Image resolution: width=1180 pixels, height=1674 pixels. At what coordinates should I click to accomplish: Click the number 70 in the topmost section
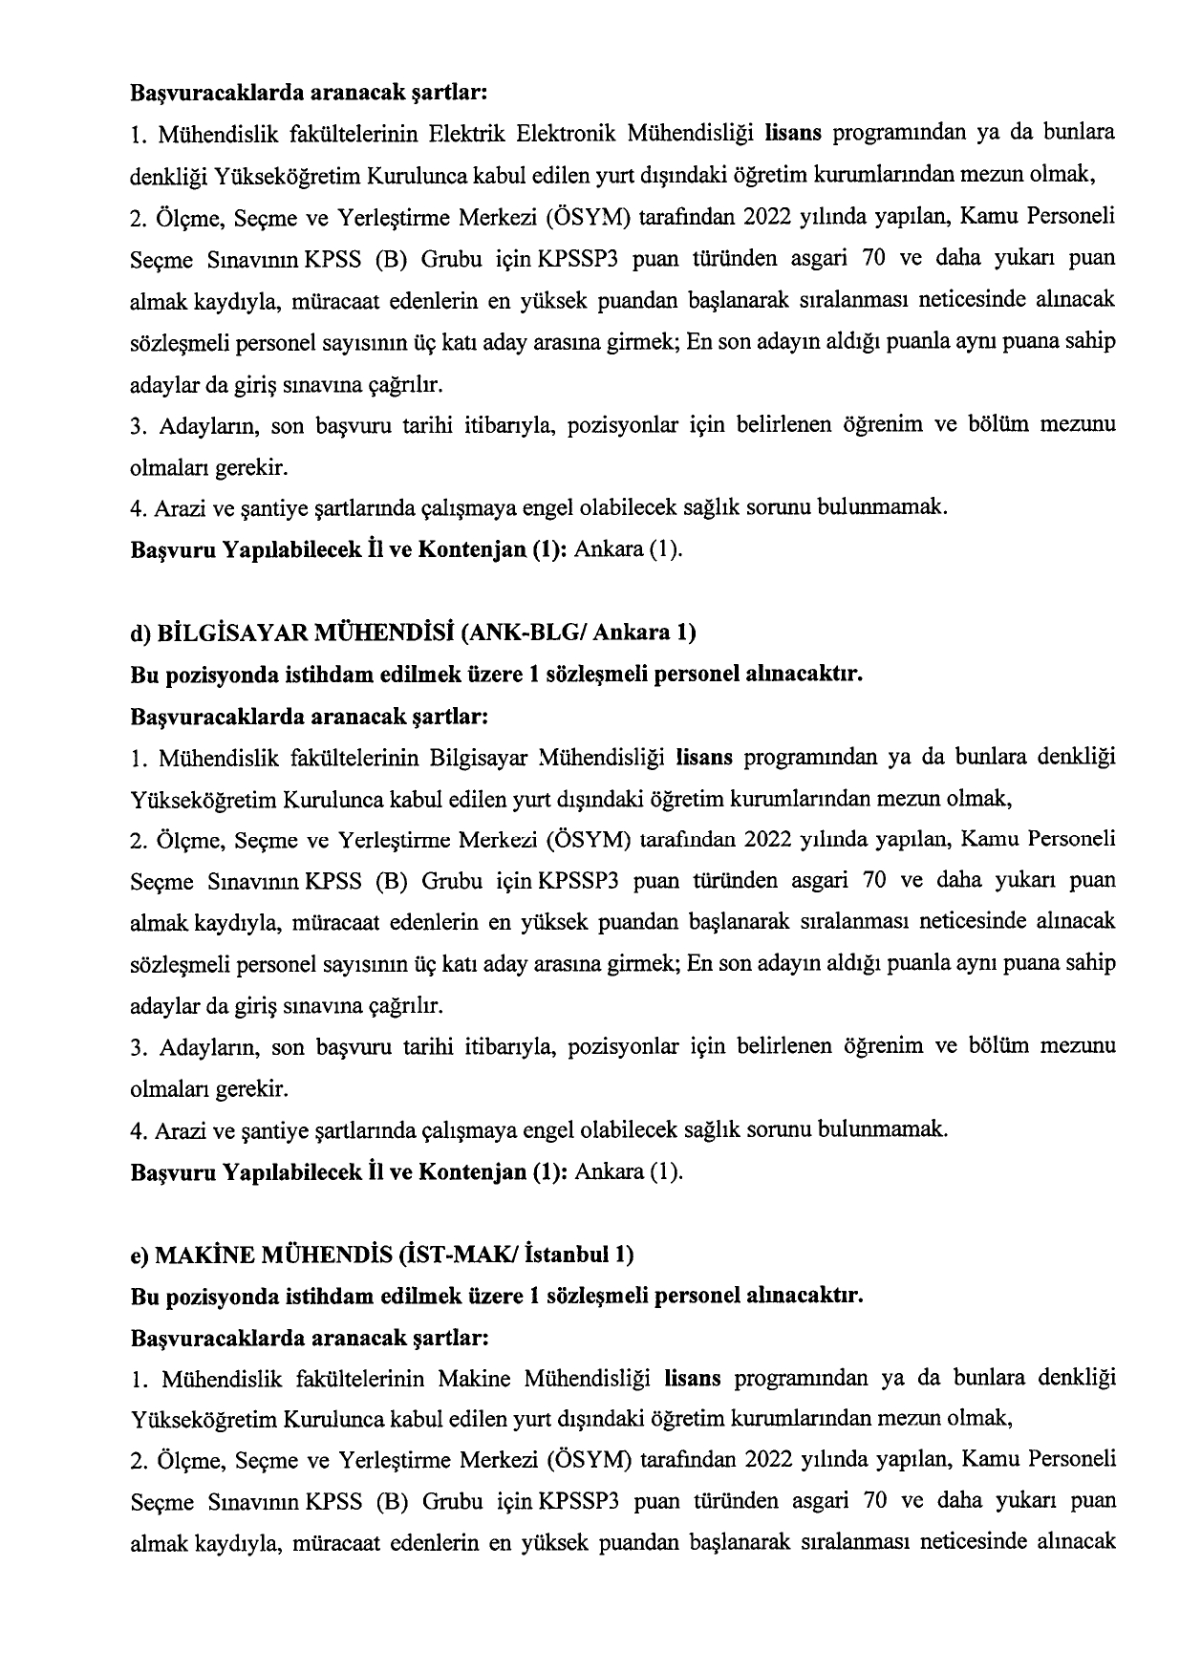coord(872,259)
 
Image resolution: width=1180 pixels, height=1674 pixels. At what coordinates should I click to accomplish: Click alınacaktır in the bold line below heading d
coord(810,674)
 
